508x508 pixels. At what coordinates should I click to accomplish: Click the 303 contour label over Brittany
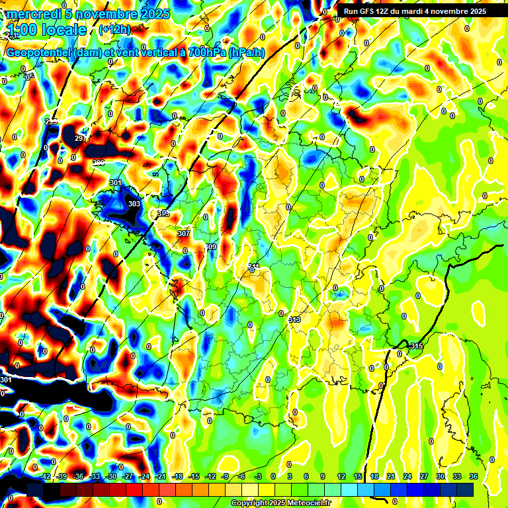(x=134, y=204)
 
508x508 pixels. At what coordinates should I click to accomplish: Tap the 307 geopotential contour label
(x=184, y=233)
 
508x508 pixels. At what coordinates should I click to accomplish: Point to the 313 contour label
(x=295, y=319)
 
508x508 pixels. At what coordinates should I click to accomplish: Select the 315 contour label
(x=416, y=346)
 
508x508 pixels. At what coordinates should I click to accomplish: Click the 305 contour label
(x=163, y=213)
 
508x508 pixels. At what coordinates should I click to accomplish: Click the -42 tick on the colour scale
(x=45, y=476)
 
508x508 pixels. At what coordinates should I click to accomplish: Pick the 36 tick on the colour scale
(x=474, y=476)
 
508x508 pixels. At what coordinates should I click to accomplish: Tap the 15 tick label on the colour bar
(x=358, y=476)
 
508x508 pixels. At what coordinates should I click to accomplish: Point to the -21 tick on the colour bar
(x=161, y=476)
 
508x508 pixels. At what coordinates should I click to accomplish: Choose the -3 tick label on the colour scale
(x=258, y=476)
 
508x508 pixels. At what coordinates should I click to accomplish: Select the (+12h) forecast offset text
(x=114, y=30)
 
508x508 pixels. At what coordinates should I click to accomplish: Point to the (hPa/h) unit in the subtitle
(x=247, y=54)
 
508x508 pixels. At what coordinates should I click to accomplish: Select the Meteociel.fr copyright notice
(x=280, y=503)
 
